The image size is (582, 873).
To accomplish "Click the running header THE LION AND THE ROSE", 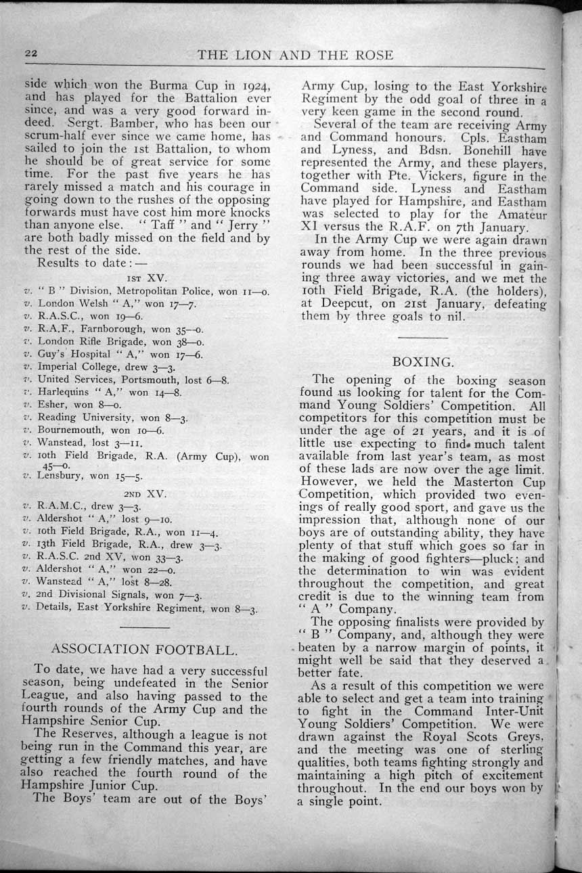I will pos(295,55).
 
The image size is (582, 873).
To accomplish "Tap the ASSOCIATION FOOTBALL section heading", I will pos(144,650).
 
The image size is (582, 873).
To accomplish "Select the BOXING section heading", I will pos(423,361).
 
